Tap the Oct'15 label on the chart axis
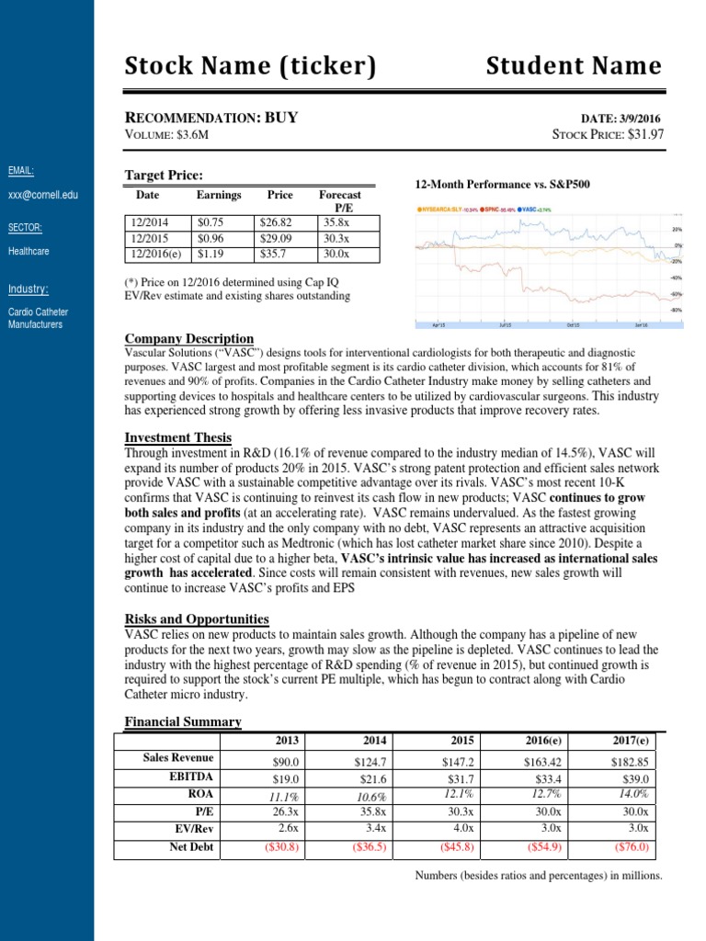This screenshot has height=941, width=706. (x=573, y=324)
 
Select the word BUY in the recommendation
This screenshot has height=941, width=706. (x=281, y=118)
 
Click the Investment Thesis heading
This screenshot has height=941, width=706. (x=177, y=437)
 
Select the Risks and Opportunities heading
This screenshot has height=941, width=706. (x=196, y=618)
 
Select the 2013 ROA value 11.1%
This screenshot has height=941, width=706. (x=282, y=796)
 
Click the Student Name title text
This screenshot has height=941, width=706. (x=573, y=65)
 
